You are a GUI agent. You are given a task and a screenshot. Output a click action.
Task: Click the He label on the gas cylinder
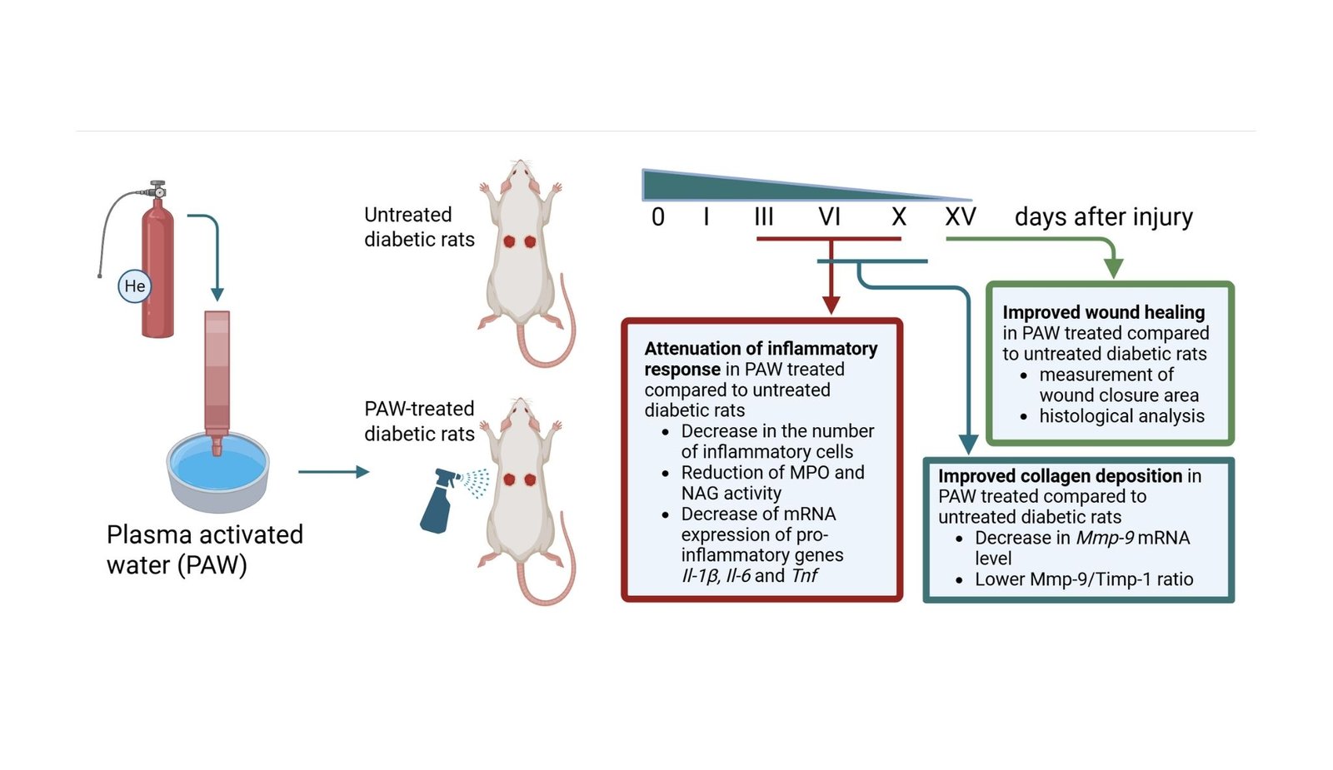tap(134, 286)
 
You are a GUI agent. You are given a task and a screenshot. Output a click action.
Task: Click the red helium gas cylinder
tap(157, 266)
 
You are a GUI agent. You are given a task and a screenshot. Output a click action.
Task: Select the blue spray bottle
tap(438, 502)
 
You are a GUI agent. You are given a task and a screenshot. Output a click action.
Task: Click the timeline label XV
tap(960, 217)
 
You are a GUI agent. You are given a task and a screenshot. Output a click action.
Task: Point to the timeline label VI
tap(829, 217)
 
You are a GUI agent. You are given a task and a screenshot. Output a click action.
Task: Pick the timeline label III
tap(764, 217)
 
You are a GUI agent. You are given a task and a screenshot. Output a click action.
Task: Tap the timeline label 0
tap(658, 217)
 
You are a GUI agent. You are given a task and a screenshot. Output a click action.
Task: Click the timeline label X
tap(898, 217)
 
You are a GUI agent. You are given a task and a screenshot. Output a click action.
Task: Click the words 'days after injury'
tap(1103, 217)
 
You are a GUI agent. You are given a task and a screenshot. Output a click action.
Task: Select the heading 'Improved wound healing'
tap(1103, 312)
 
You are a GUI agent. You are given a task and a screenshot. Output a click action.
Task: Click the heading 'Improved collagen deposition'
tap(1060, 476)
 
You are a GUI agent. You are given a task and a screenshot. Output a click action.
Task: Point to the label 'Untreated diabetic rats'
tap(419, 227)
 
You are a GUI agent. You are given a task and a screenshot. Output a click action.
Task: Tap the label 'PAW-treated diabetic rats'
tap(419, 421)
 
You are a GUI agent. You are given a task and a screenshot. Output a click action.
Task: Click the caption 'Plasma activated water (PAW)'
tap(204, 549)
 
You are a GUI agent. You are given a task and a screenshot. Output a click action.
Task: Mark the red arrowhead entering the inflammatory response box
tap(831, 305)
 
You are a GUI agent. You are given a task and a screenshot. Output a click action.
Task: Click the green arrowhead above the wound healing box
tap(1113, 269)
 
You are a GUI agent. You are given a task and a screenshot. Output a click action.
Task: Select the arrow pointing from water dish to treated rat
tap(334, 472)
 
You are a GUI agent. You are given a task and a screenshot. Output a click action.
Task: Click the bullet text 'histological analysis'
tap(1121, 416)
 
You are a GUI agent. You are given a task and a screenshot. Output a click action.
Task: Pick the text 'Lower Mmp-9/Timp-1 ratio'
tap(1084, 579)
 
